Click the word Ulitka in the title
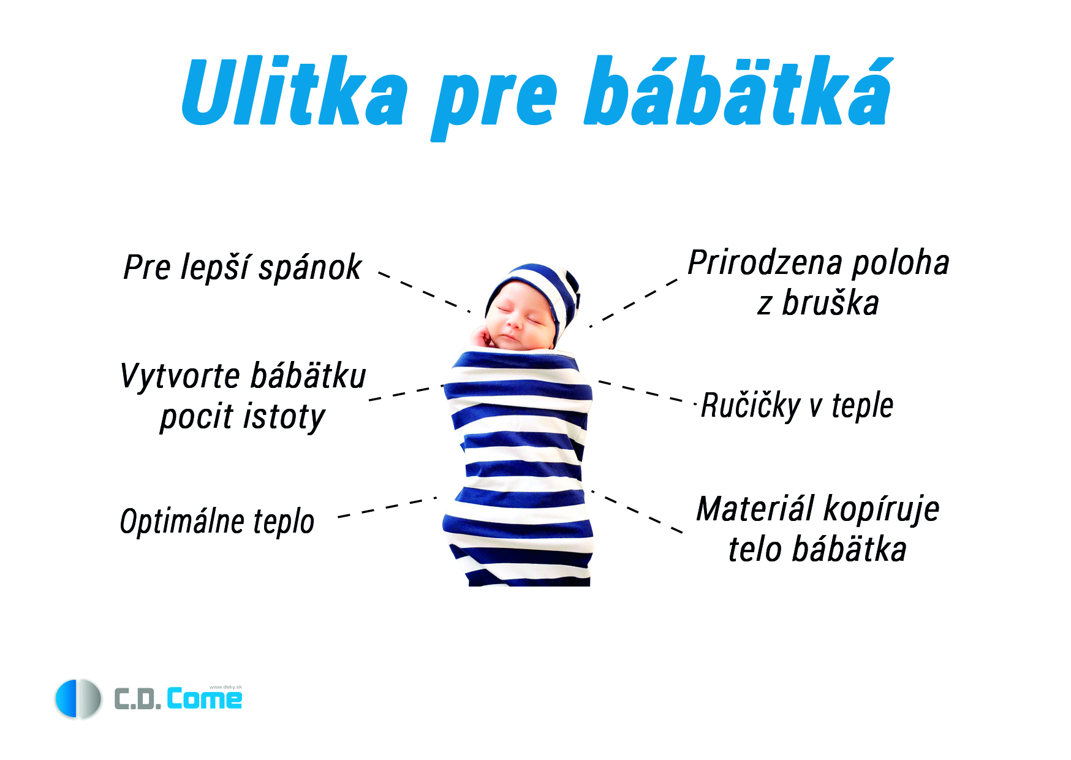pyautogui.click(x=295, y=91)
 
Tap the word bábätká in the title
pyautogui.click(x=738, y=91)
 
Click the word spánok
pyautogui.click(x=310, y=268)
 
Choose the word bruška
pyautogui.click(x=830, y=303)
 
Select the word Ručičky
pyautogui.click(x=751, y=406)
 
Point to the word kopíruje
pyautogui.click(x=881, y=510)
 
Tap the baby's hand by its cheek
pyautogui.click(x=482, y=337)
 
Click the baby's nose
pyautogui.click(x=514, y=321)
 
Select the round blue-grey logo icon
pyautogui.click(x=78, y=699)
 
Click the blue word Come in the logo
pyautogui.click(x=205, y=699)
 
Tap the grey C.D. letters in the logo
pyautogui.click(x=138, y=699)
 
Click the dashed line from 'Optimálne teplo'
pyautogui.click(x=388, y=507)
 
